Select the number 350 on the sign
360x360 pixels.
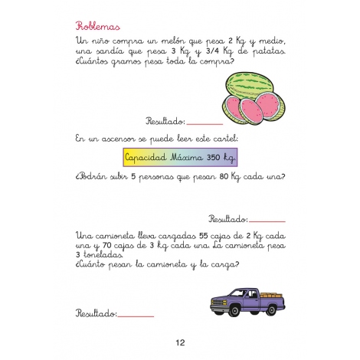[x=214, y=159]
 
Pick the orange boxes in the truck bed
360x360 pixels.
[x=271, y=292]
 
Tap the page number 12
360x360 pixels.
[x=180, y=342]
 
